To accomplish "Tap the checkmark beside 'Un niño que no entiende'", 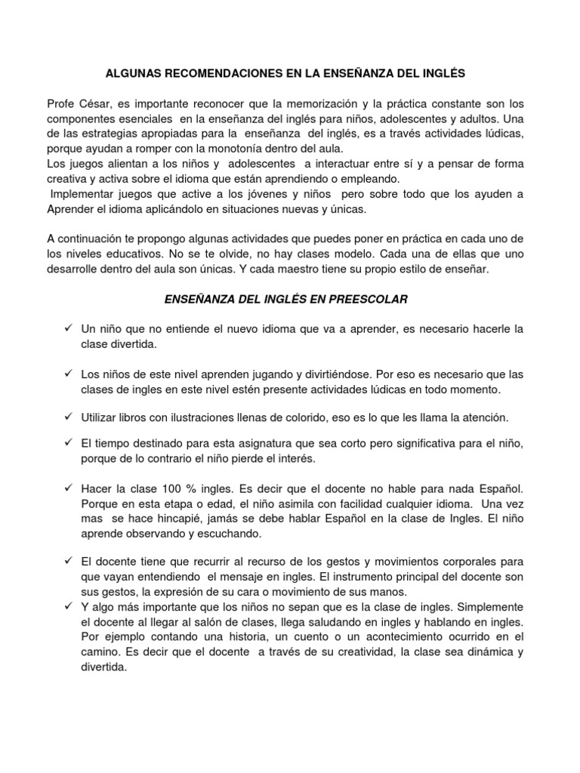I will point(68,329).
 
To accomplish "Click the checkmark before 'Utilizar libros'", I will point(68,417).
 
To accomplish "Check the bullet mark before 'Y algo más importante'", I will point(68,606).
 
